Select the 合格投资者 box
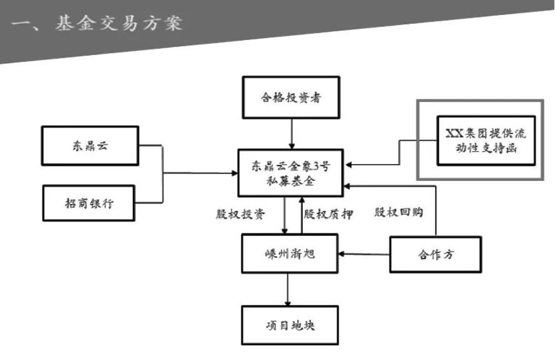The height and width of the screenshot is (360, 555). [291, 97]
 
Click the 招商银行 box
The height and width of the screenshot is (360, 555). [88, 203]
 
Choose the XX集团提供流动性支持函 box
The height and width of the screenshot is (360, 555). [486, 140]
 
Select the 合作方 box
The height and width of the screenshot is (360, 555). [435, 254]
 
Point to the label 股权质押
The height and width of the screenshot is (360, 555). [328, 214]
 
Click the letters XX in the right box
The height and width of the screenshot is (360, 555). [453, 133]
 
